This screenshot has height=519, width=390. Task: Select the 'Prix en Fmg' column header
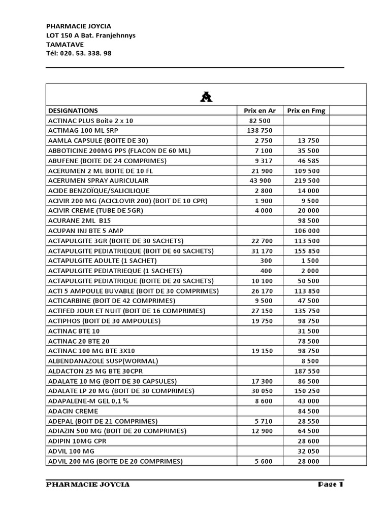tap(306, 110)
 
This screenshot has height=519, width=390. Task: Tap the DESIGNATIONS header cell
tap(73, 110)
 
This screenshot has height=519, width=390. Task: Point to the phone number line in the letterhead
tap(79, 53)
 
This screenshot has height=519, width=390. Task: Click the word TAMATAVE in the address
tap(65, 44)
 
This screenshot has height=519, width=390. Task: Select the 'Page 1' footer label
tap(331, 485)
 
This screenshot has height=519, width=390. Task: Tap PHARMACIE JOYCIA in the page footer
tap(88, 485)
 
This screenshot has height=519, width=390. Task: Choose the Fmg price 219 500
tap(307, 181)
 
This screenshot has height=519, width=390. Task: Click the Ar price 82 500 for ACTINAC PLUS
tap(260, 121)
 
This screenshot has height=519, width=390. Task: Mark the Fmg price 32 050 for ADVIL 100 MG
tap(309, 452)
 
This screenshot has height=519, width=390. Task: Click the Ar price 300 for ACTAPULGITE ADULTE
tap(265, 261)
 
